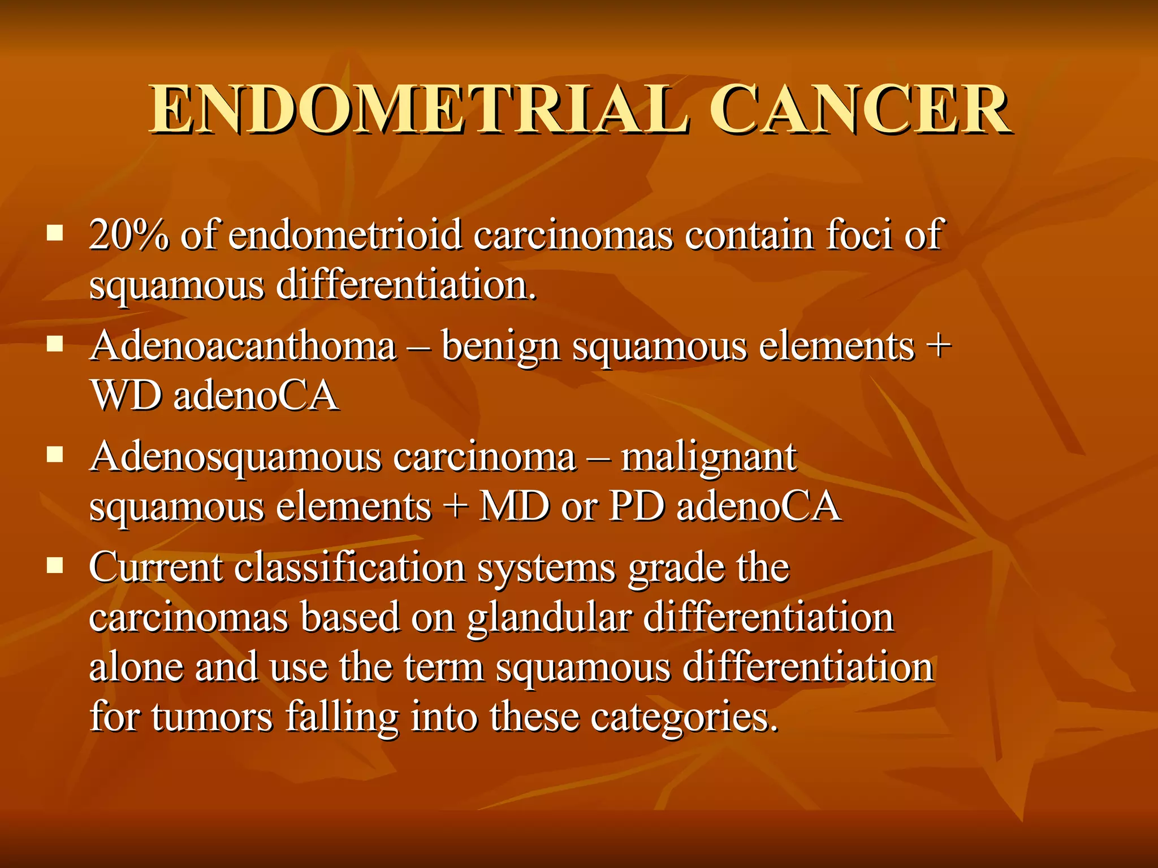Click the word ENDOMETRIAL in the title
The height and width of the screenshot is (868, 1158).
click(x=419, y=110)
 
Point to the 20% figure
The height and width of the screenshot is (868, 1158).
click(x=129, y=235)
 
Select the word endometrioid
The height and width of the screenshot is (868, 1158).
click(x=345, y=235)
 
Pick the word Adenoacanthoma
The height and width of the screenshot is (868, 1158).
click(x=243, y=346)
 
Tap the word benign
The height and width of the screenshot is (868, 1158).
click(x=500, y=347)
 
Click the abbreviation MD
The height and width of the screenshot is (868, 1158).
click(x=515, y=506)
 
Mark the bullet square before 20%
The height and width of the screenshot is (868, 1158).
click(x=55, y=232)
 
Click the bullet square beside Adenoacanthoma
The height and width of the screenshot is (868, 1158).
click(x=55, y=343)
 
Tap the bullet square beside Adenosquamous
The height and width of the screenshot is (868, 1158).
click(x=55, y=454)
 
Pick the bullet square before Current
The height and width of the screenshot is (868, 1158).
click(x=55, y=565)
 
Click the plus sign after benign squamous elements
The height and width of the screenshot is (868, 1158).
click(x=939, y=346)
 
